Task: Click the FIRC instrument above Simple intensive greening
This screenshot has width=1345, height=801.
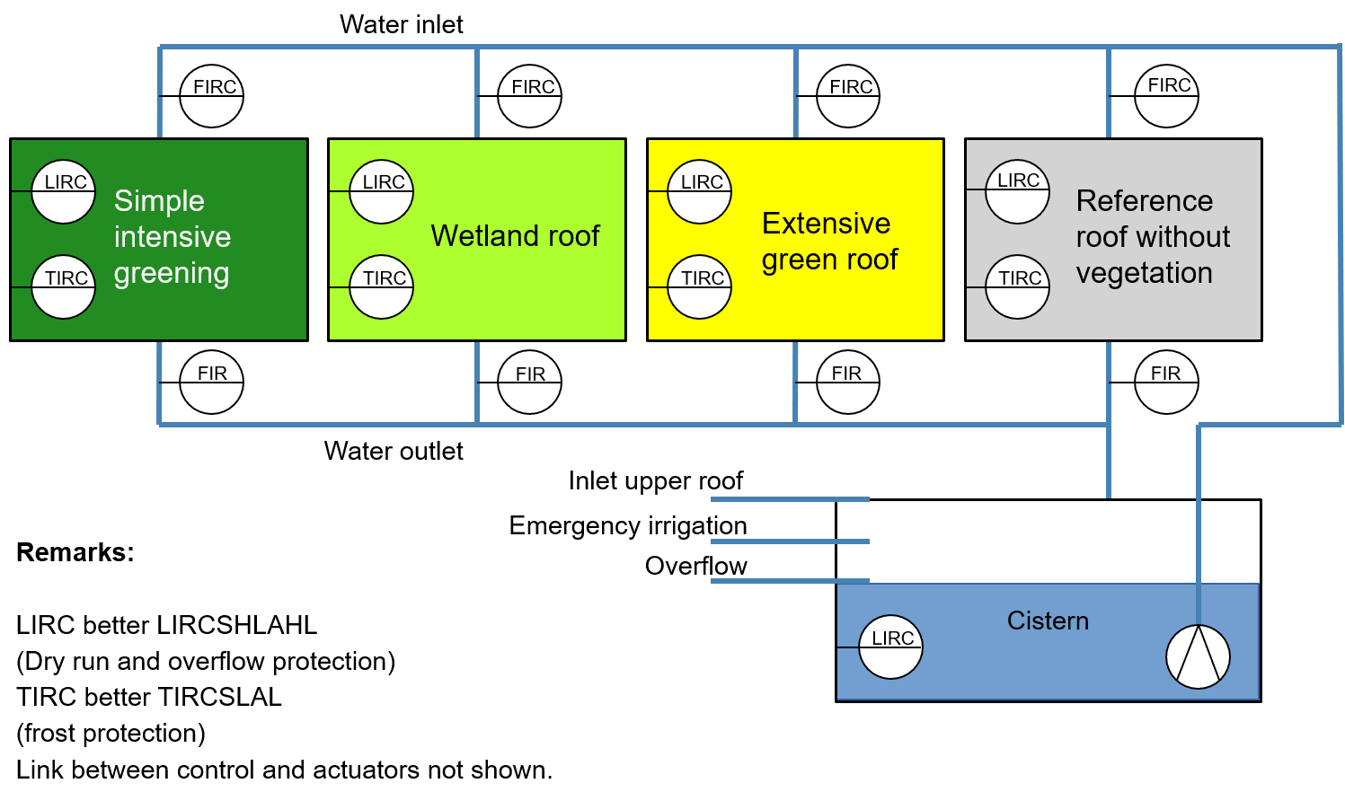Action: click(212, 96)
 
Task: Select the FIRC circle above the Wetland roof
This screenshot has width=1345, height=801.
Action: click(530, 96)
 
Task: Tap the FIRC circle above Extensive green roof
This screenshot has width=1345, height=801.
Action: click(848, 96)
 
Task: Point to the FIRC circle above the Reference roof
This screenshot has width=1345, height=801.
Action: click(1166, 95)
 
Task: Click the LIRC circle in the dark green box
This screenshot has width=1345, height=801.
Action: click(64, 191)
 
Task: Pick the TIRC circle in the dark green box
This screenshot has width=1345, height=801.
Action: click(64, 287)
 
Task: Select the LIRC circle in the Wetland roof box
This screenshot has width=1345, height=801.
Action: click(382, 191)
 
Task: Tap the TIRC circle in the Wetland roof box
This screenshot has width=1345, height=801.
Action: click(382, 287)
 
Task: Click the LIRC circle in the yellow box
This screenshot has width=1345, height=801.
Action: click(700, 191)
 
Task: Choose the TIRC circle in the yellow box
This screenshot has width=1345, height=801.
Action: click(700, 287)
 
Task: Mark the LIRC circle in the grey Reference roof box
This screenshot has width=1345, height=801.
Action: click(1018, 191)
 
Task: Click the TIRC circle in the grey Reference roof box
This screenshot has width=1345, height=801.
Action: click(1018, 287)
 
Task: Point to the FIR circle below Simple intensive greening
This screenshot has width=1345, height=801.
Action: click(212, 383)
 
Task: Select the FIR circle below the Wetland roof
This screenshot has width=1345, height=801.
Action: click(530, 383)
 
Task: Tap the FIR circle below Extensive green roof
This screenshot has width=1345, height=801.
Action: click(848, 383)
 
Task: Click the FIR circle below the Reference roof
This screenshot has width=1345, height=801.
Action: click(1166, 383)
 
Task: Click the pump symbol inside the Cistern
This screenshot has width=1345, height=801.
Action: click(1198, 656)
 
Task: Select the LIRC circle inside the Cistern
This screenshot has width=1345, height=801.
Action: click(890, 647)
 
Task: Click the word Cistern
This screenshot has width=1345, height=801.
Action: click(1048, 621)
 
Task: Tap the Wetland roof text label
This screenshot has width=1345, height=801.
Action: click(515, 236)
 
